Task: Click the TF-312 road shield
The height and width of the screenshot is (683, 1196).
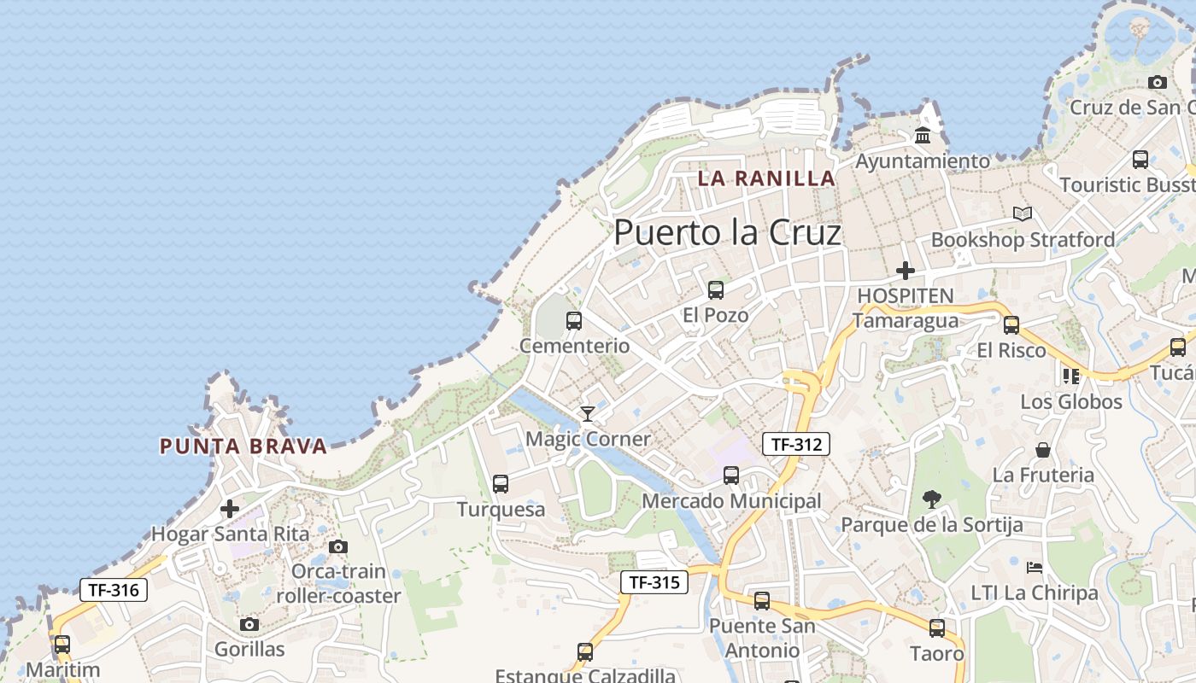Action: point(796,444)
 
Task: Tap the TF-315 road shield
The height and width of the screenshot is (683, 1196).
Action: point(654,582)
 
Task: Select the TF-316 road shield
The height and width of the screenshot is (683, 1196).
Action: point(114,589)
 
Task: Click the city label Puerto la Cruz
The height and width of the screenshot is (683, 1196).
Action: point(727,232)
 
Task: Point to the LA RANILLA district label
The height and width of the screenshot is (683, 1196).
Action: point(766,178)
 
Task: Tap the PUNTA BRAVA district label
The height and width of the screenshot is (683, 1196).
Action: point(243,446)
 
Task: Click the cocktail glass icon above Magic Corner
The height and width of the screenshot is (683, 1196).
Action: point(588,414)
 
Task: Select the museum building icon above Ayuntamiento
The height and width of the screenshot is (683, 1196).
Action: point(923,136)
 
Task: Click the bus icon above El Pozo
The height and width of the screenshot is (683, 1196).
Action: point(716,290)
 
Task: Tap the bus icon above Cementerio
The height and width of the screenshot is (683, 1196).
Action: point(574,321)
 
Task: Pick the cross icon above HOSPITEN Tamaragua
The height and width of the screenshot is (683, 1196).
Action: point(906,271)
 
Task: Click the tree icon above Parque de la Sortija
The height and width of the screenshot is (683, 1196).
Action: point(932,499)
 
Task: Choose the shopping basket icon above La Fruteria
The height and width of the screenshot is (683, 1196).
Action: point(1043,450)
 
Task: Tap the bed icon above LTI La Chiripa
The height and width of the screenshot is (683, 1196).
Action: point(1035,568)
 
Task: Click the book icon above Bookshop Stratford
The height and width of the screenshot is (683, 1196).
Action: point(1023,213)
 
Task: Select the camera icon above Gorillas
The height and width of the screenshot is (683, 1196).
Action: point(249,625)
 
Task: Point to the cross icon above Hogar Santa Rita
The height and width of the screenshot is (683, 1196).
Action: point(230,510)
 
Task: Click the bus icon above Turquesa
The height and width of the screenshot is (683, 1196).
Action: point(501,484)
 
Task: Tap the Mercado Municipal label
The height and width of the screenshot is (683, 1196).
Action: point(731,501)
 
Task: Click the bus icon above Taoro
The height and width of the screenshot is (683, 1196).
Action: point(937,628)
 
